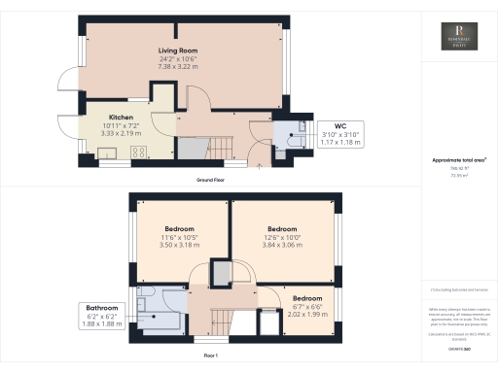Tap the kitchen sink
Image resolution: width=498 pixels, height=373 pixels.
tap(106, 153)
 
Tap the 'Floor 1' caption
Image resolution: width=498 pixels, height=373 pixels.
tap(209, 356)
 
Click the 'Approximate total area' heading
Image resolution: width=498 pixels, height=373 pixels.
tap(458, 159)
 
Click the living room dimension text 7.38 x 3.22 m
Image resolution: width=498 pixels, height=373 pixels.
tap(180, 69)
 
